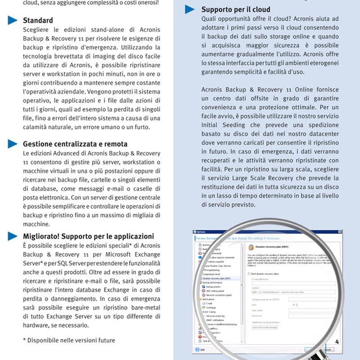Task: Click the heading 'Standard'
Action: tap(38, 20)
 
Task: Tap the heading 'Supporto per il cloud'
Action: tap(236, 9)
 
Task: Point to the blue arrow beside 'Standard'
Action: tap(13, 20)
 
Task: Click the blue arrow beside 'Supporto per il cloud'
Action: tap(190, 9)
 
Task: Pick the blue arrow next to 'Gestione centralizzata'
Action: tap(13, 144)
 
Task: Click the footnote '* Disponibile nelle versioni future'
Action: tap(69, 340)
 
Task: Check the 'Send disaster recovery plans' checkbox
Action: tap(250, 273)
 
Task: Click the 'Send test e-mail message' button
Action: tap(265, 327)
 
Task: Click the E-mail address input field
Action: tap(288, 283)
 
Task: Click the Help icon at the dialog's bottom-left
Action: tap(198, 349)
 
